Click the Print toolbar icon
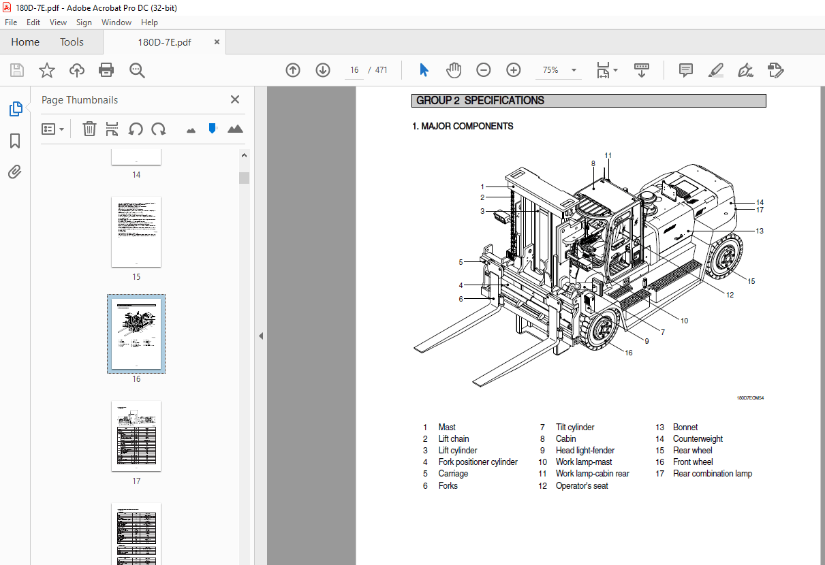coord(106,70)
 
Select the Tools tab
coord(72,42)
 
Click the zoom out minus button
coord(483,70)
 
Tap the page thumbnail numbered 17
coord(136,436)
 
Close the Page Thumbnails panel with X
coord(235,99)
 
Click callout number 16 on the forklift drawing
coord(628,353)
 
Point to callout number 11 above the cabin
coord(608,156)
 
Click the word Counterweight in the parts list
coord(698,439)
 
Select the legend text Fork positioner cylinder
coord(478,462)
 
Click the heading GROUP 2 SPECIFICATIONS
coord(480,101)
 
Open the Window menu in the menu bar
coord(116,22)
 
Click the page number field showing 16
coord(354,70)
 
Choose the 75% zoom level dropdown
coord(559,70)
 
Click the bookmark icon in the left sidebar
coord(15,141)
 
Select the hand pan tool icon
coord(454,70)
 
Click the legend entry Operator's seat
coord(582,486)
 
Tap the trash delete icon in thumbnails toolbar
coord(89,129)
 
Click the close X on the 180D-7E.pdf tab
coord(217,42)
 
